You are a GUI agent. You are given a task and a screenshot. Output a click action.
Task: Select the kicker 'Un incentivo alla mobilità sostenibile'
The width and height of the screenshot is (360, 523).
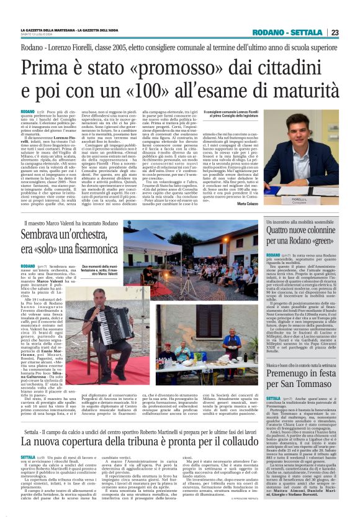pos(291,222)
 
